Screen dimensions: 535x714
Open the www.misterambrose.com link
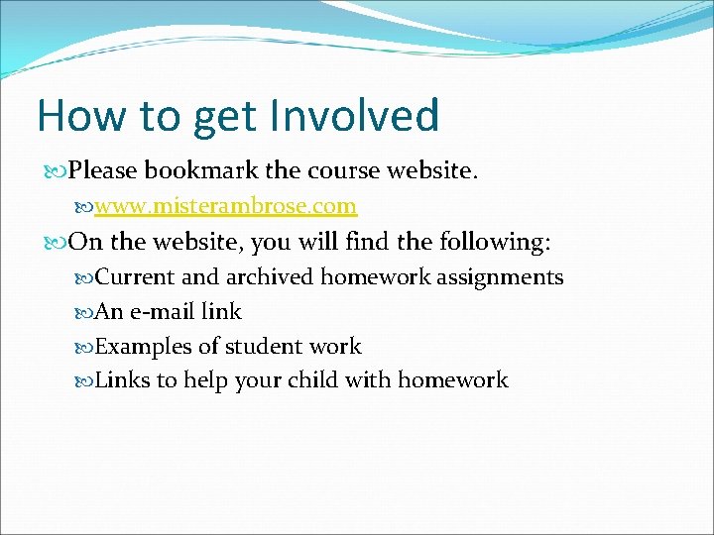pyautogui.click(x=225, y=206)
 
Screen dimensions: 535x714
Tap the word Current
pyautogui.click(x=134, y=277)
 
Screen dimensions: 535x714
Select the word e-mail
pyautogui.click(x=162, y=312)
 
